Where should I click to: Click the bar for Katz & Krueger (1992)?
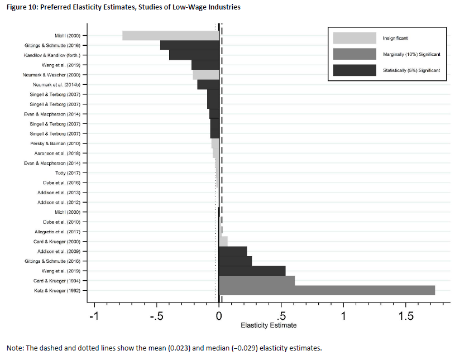coord(327,290)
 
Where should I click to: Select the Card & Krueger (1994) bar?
coord(257,280)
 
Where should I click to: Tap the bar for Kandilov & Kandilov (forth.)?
coord(194,55)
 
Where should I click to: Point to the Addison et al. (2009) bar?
coord(233,251)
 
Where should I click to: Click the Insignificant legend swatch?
coord(354,38)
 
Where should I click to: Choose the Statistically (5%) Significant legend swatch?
coord(354,70)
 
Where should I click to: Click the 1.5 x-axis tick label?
coord(406,316)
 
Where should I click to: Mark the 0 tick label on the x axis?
coord(219,316)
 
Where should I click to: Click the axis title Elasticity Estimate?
coord(269,325)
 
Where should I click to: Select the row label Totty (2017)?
coord(71,173)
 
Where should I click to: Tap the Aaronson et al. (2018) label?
coord(58,153)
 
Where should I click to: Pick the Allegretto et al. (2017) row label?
coord(58,232)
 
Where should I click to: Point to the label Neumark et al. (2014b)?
coord(59,85)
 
